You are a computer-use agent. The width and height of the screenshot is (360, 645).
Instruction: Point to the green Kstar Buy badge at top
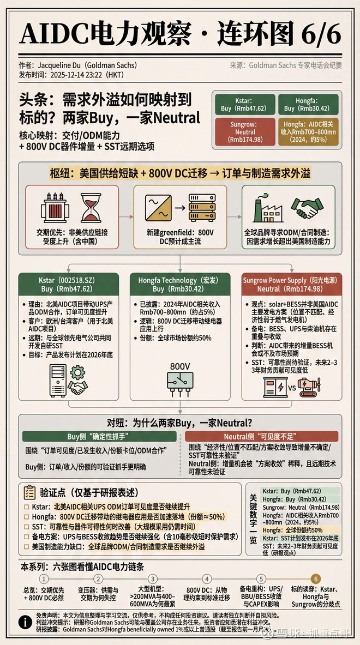click(x=243, y=104)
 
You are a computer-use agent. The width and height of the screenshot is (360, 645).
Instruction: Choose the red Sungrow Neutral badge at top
click(x=243, y=131)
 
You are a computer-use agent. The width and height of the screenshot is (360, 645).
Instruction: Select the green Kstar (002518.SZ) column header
click(x=69, y=285)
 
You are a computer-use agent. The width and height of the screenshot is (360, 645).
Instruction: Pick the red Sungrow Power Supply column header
click(x=292, y=285)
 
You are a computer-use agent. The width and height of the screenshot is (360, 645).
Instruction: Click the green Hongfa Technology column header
click(x=180, y=285)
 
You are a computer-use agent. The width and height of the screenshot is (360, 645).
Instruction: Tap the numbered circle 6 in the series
click(x=315, y=578)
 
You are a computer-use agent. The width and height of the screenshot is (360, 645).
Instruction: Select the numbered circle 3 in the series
click(x=153, y=578)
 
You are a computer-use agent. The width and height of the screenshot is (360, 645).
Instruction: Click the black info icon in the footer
click(x=25, y=622)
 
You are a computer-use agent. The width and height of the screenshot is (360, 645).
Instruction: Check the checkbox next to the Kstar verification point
click(x=27, y=507)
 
